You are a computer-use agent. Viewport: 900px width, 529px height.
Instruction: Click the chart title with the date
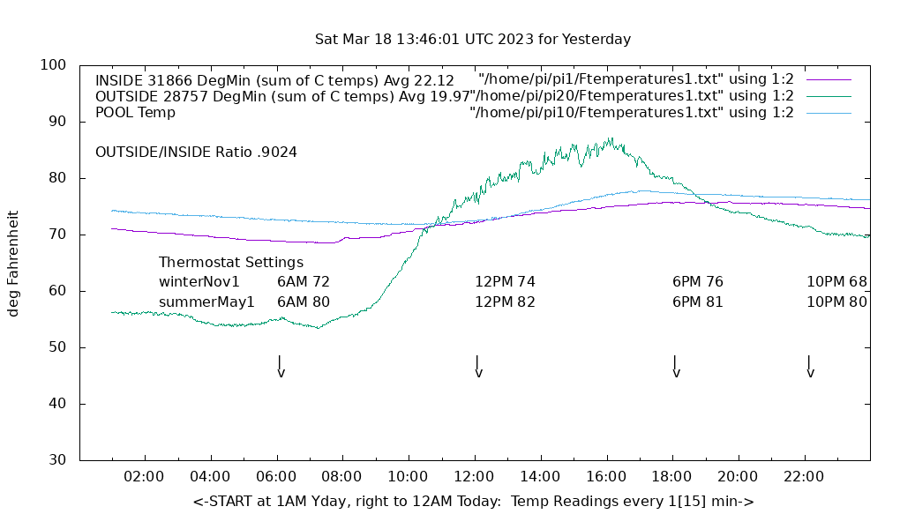473,40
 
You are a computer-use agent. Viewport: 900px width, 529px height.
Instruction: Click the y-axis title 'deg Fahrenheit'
14,263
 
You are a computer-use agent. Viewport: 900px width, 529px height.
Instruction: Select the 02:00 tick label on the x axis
144,477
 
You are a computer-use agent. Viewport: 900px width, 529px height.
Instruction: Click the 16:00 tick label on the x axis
606,477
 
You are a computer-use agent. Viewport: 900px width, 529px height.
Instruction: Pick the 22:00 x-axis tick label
804,477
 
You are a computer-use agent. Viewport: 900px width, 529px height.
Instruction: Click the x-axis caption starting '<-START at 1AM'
473,502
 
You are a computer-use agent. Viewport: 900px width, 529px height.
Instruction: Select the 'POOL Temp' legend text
135,113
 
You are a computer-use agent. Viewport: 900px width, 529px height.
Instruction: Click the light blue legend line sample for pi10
829,113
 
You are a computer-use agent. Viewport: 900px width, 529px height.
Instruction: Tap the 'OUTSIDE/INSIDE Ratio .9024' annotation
196,152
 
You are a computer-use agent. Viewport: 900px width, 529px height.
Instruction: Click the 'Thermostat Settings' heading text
231,263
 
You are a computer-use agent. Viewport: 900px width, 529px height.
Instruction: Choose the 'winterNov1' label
199,282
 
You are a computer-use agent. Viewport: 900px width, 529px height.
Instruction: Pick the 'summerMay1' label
206,302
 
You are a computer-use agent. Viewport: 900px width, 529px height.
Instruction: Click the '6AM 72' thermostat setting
304,282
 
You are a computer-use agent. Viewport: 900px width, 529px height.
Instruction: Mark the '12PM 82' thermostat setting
506,302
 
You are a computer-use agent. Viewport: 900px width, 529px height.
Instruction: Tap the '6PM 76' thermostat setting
698,282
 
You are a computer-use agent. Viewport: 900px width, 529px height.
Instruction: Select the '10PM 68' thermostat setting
836,282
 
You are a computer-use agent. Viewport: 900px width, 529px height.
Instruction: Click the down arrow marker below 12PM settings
477,367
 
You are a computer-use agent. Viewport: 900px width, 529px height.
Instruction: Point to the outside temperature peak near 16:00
610,139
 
